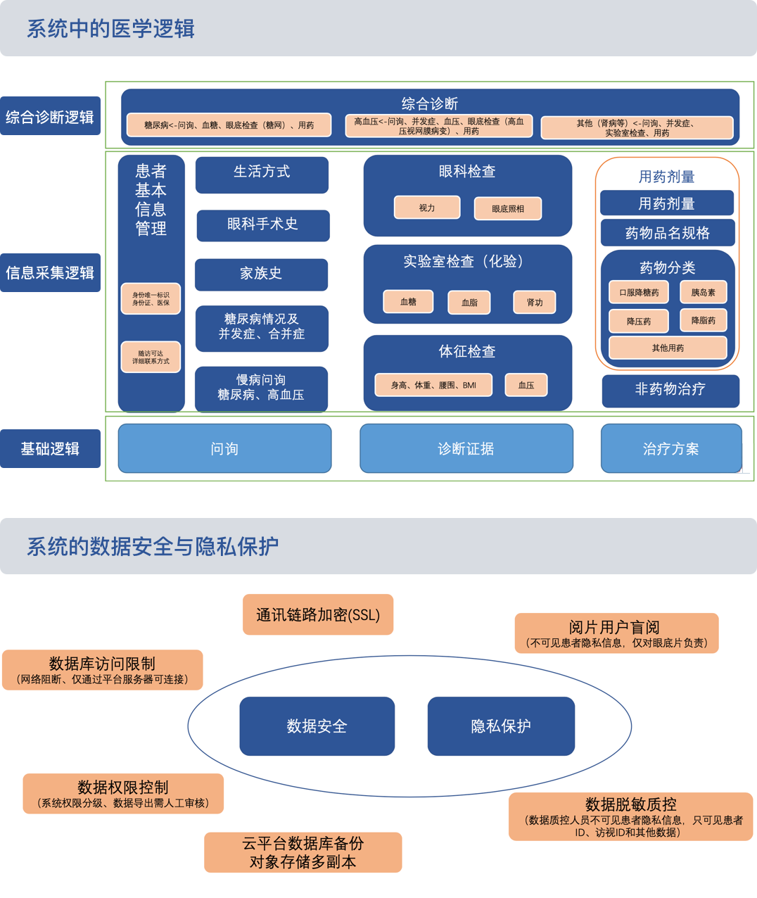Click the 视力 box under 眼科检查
[x=427, y=208]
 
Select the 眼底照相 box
[x=508, y=208]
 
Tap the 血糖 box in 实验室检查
[x=408, y=301]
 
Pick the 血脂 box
[x=469, y=302]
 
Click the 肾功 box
[x=535, y=302]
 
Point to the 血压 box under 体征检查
[x=526, y=385]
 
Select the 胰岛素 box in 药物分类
[x=703, y=292]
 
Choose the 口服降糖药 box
[x=639, y=292]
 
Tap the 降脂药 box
[x=703, y=320]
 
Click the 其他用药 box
[x=668, y=348]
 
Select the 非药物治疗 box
[x=670, y=390]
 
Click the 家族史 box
[x=261, y=274]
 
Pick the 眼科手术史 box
[x=262, y=224]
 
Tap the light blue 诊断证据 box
[x=466, y=448]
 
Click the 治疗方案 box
[x=671, y=448]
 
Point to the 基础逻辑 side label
[x=50, y=448]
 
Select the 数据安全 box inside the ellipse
[x=317, y=726]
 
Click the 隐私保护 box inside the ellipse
[x=501, y=726]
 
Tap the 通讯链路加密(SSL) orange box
[x=318, y=614]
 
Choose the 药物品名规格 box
[x=667, y=233]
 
